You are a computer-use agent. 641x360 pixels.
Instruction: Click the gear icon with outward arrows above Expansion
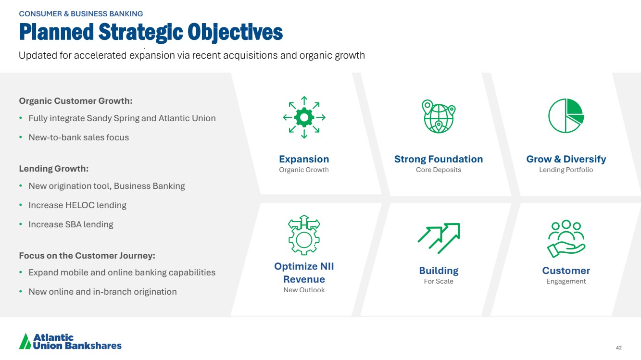[x=304, y=117]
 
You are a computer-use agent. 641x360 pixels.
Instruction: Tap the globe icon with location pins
[x=439, y=116]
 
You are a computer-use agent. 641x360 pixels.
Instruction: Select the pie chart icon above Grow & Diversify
[x=566, y=116]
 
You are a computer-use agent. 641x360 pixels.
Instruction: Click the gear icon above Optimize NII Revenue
[x=304, y=235]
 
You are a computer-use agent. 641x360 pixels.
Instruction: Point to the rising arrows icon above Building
[x=439, y=238]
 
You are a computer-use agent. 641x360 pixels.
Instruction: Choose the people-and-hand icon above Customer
[x=566, y=239]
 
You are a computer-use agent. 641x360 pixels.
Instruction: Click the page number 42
[x=619, y=348]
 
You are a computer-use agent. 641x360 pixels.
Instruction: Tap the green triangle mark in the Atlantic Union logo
[x=25, y=342]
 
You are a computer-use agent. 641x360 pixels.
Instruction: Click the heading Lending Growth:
[x=54, y=169]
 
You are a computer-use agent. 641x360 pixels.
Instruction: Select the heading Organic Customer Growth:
[x=76, y=101]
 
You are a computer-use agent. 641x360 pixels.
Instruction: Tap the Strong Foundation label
[x=439, y=159]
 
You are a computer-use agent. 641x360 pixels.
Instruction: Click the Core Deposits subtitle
[x=439, y=170]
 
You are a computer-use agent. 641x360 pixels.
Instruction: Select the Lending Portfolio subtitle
[x=566, y=170]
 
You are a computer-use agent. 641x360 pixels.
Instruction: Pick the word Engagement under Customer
[x=566, y=282]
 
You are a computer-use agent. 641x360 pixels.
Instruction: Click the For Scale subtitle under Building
[x=439, y=281]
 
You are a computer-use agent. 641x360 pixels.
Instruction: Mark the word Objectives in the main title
[x=235, y=33]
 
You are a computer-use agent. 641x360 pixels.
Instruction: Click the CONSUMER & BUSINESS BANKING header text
[x=81, y=14]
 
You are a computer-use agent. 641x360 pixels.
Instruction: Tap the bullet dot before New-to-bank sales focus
[x=21, y=137]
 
